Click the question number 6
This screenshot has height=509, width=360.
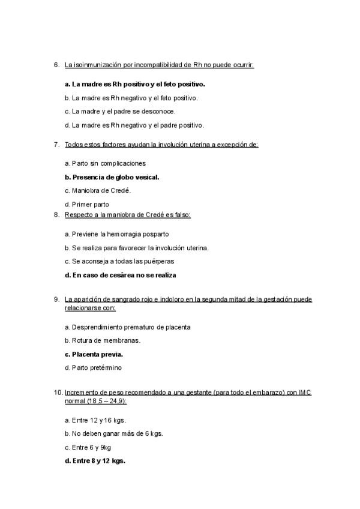coord(56,64)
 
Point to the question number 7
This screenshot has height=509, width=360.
coord(56,145)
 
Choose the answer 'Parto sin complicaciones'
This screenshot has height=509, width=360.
coord(105,163)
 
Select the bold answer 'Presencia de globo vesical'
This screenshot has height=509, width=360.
coord(112,177)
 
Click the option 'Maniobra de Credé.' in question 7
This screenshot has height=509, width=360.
coord(98,191)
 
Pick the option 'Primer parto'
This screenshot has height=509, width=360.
coord(87,204)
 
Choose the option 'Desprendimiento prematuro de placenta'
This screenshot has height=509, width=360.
coord(128,327)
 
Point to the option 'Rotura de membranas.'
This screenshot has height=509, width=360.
coord(103,340)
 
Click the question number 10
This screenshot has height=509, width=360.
coord(58,393)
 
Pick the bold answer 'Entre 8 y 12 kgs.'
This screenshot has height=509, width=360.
coord(95,461)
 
